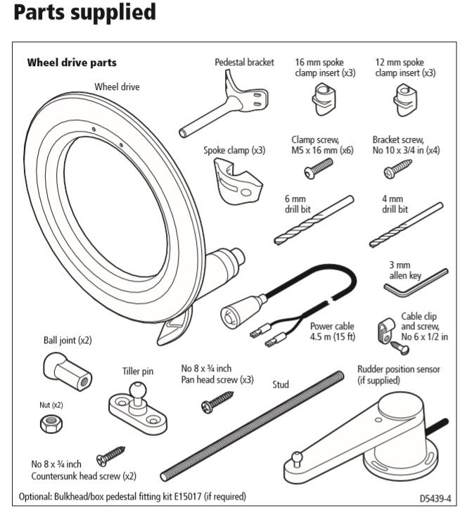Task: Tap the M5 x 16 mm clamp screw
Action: pos(320,166)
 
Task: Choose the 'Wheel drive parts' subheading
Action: pos(72,63)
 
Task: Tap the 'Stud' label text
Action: pos(281,385)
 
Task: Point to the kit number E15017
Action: pos(181,496)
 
